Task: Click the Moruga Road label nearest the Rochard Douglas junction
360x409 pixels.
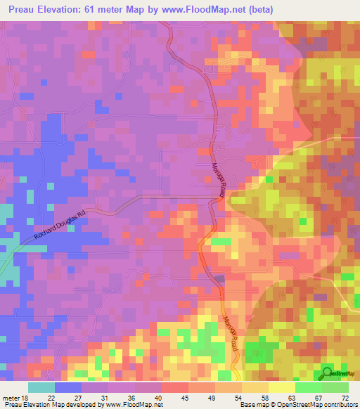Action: tap(218, 180)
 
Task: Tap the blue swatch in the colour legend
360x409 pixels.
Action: tap(68, 387)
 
